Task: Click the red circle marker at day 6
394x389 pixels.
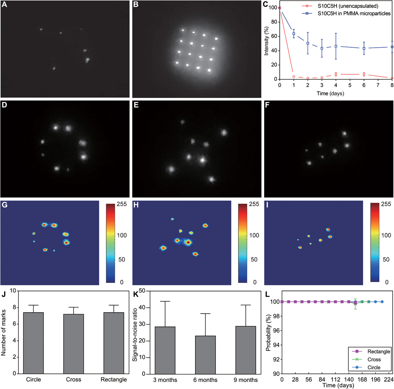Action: coord(364,75)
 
